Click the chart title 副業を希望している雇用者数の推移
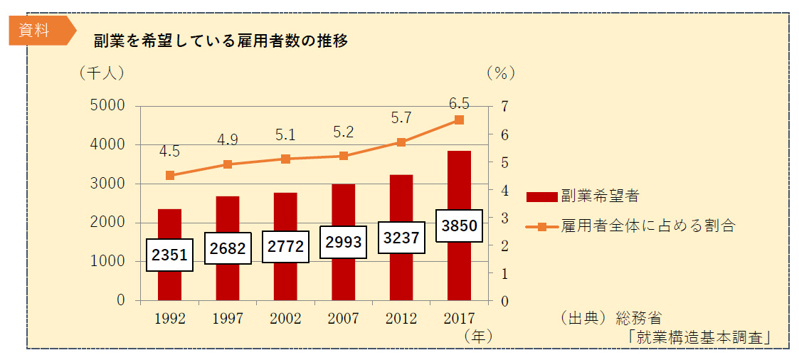221,41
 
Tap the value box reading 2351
169,254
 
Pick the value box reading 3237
401,238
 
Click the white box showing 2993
343,242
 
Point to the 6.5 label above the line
459,104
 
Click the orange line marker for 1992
169,175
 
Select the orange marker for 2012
401,142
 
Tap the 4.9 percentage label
228,139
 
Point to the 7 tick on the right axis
504,106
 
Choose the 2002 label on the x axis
285,319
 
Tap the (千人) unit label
102,73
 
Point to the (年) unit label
477,335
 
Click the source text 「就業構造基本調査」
700,337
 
